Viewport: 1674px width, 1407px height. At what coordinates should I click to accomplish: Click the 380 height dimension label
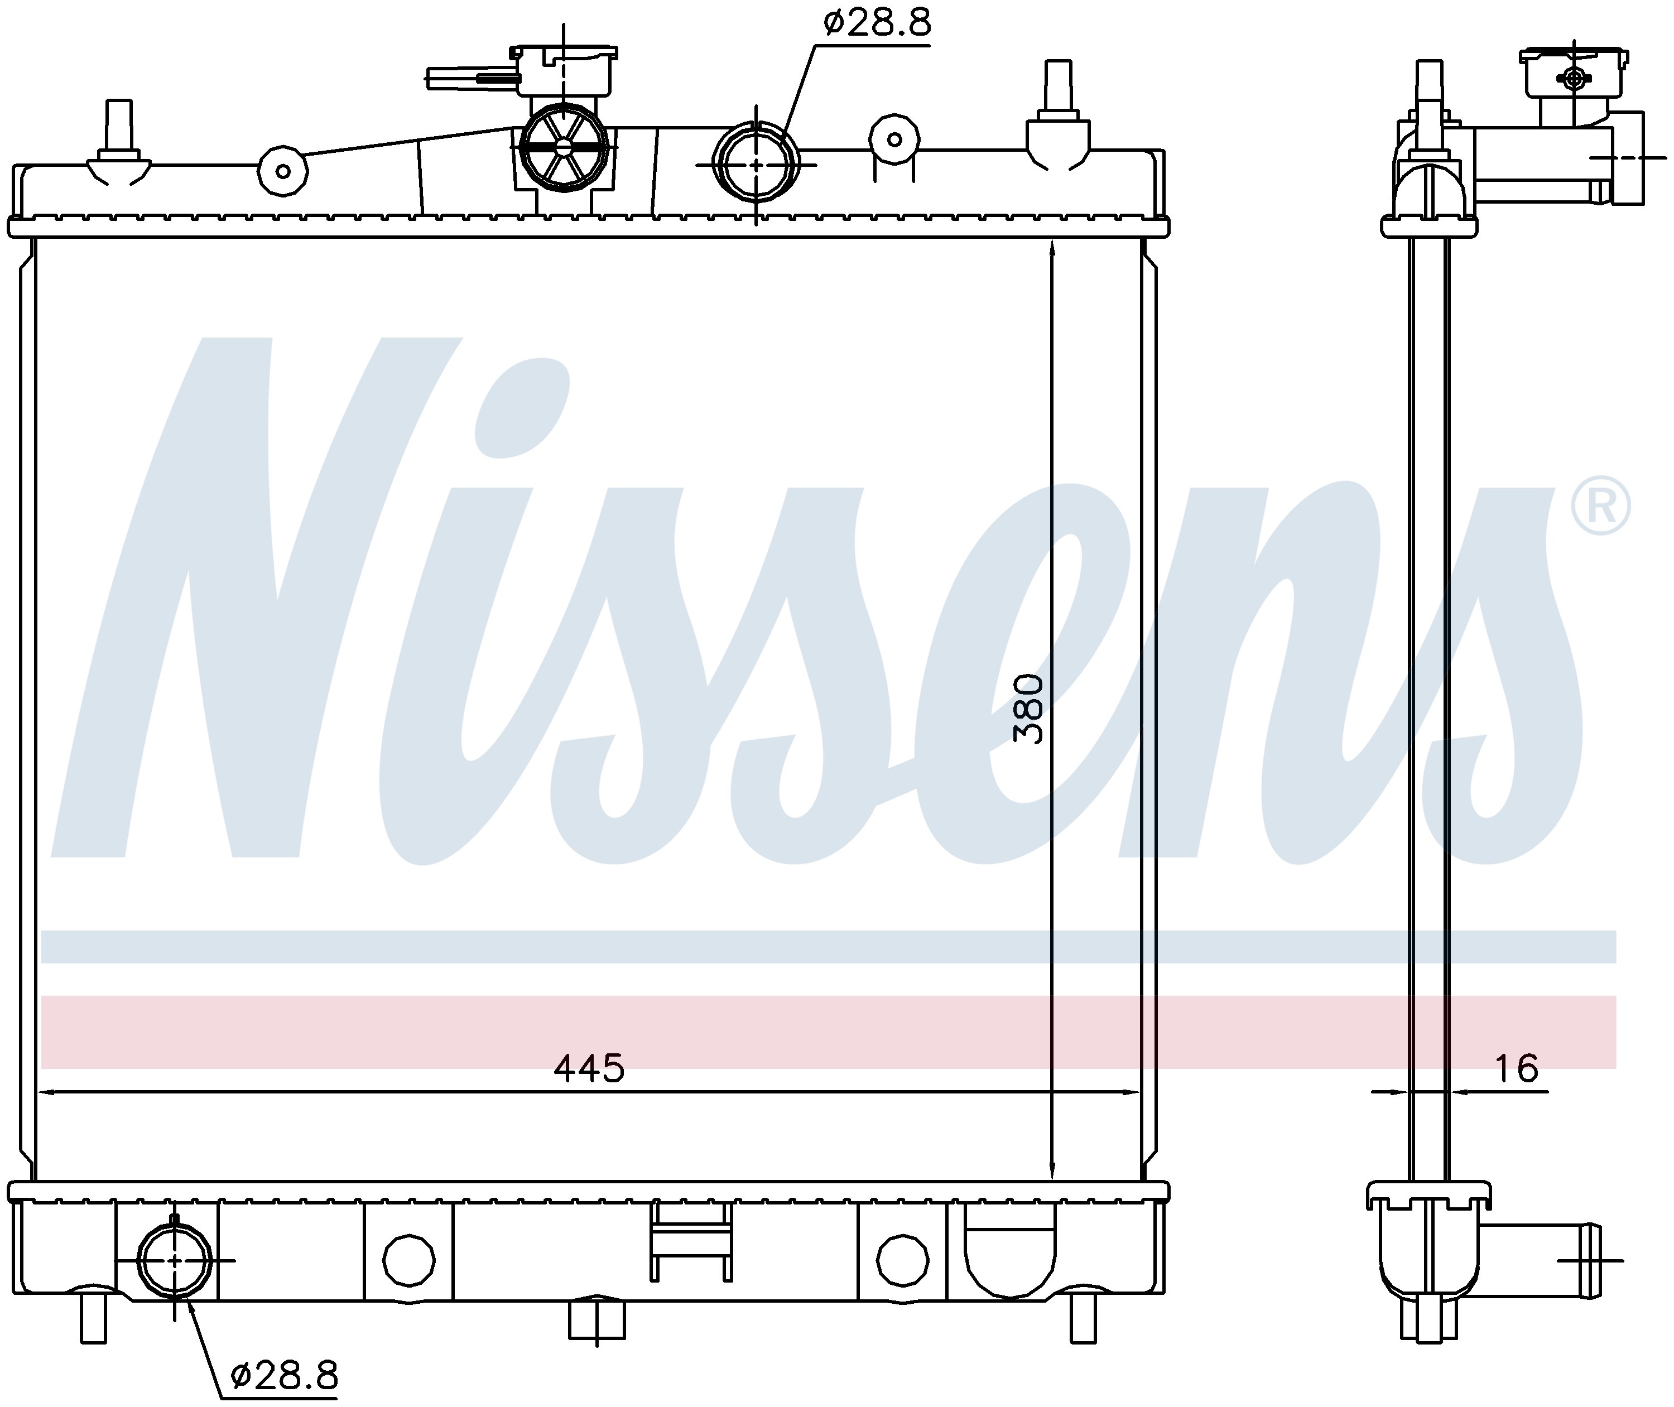pyautogui.click(x=1028, y=709)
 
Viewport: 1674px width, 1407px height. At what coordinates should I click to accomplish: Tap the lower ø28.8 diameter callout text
pyautogui.click(x=284, y=1376)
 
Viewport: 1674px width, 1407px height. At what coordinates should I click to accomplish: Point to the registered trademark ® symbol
pyautogui.click(x=1600, y=505)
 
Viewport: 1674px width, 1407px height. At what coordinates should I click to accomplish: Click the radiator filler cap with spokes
pyautogui.click(x=564, y=147)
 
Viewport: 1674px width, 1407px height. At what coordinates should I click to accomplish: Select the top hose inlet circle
pyautogui.click(x=756, y=163)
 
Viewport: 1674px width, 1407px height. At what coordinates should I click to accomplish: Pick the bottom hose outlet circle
pyautogui.click(x=175, y=1260)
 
